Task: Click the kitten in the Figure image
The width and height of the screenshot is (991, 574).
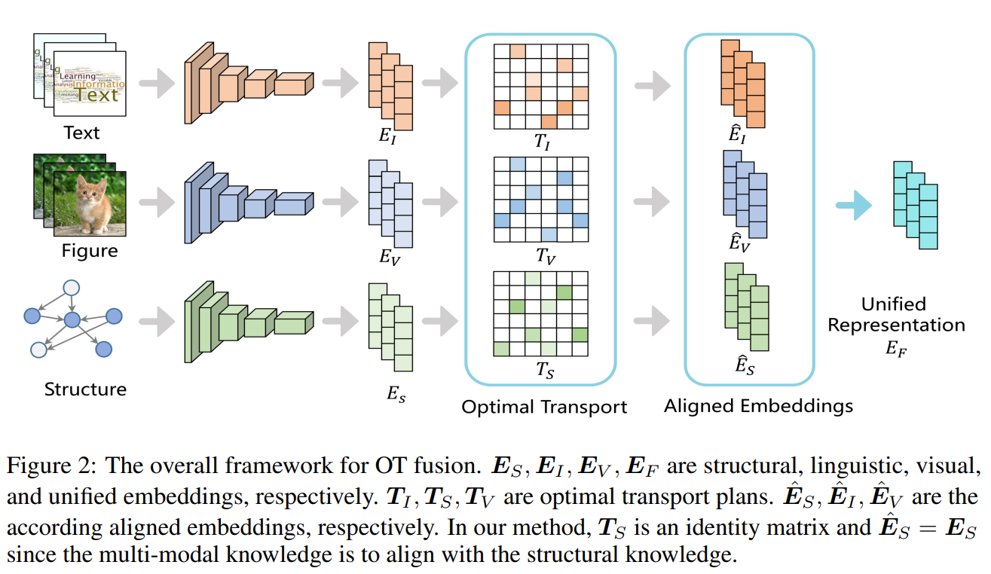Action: (91, 200)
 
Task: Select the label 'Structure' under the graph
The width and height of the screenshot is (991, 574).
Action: (85, 389)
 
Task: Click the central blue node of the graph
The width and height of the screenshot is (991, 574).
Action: (72, 321)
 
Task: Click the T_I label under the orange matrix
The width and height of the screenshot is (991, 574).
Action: (542, 142)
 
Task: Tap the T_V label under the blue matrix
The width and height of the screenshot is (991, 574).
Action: (546, 256)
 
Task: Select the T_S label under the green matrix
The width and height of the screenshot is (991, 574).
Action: (544, 370)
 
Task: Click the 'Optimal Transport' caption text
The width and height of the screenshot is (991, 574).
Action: (544, 408)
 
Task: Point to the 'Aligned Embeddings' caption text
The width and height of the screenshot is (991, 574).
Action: (758, 406)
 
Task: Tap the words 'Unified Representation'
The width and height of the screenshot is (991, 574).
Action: (896, 315)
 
